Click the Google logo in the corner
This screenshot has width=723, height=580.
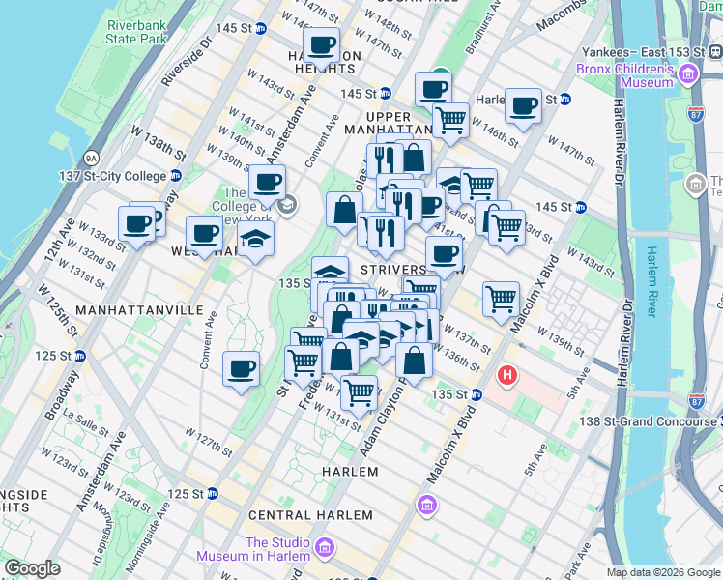click(x=32, y=568)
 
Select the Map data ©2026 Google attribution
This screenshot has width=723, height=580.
click(x=663, y=572)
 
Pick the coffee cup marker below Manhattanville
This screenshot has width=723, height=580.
click(x=241, y=368)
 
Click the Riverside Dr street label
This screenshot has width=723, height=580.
click(x=188, y=64)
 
